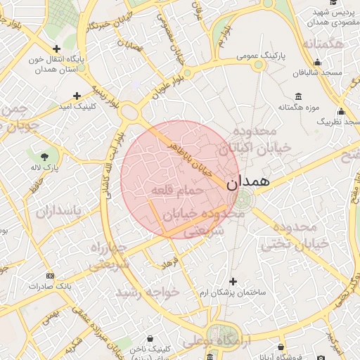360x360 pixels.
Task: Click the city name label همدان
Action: (x=248, y=181)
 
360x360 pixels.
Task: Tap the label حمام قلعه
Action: (x=177, y=191)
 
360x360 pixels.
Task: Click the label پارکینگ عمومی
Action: (x=259, y=54)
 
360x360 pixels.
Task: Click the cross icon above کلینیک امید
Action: (x=77, y=95)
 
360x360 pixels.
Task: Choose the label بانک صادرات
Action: (x=50, y=287)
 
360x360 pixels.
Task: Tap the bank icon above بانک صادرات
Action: (x=50, y=276)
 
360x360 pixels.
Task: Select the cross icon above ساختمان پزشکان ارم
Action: (x=233, y=281)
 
